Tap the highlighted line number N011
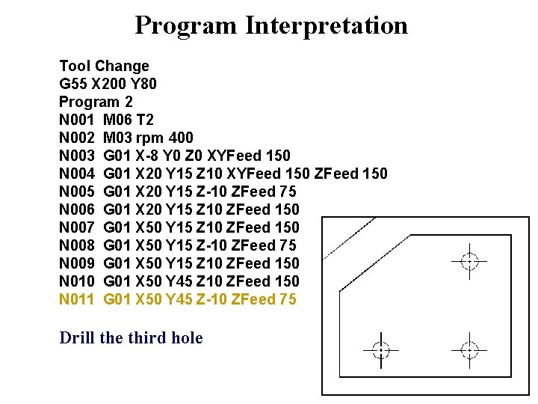click(x=77, y=299)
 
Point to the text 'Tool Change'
click(x=104, y=66)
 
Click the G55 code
click(x=72, y=84)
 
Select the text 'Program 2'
click(x=96, y=102)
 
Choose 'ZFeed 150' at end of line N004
click(x=351, y=174)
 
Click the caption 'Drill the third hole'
click(x=131, y=338)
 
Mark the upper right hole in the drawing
click(x=469, y=261)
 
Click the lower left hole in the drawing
click(x=380, y=349)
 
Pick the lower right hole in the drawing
click(x=469, y=349)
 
